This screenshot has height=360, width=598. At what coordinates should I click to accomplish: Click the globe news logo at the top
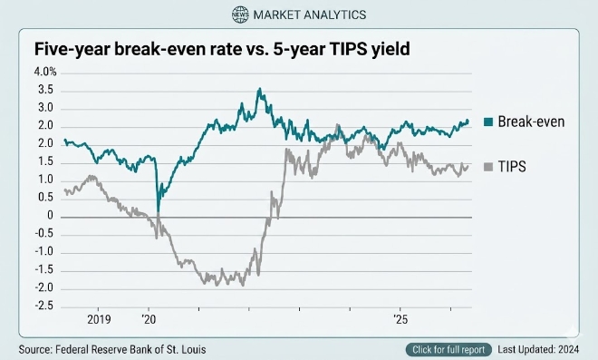(240, 15)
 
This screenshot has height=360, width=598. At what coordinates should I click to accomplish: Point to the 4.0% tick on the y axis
(45, 72)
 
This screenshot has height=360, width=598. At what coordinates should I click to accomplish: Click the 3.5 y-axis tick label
(45, 90)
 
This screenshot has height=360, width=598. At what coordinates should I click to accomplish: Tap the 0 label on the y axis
(50, 216)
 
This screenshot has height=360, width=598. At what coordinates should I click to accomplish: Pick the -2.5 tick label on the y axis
(44, 306)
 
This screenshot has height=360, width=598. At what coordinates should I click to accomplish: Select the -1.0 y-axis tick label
(44, 252)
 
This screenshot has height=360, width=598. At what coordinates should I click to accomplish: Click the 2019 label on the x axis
(99, 319)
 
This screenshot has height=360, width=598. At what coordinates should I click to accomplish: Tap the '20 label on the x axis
(149, 319)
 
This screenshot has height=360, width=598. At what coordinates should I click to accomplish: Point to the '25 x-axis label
(400, 319)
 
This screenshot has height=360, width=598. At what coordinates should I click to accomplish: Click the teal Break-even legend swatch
(488, 122)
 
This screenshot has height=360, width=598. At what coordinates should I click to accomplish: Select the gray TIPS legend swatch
(488, 167)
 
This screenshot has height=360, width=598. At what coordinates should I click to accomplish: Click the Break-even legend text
(531, 122)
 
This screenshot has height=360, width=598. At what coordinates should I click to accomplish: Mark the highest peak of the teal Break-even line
(260, 89)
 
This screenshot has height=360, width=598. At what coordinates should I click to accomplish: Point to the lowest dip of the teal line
(158, 211)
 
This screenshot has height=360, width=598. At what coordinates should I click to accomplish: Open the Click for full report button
(448, 350)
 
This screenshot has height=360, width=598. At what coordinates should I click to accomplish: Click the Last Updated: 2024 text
(538, 349)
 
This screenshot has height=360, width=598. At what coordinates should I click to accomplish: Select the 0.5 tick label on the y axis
(45, 198)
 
